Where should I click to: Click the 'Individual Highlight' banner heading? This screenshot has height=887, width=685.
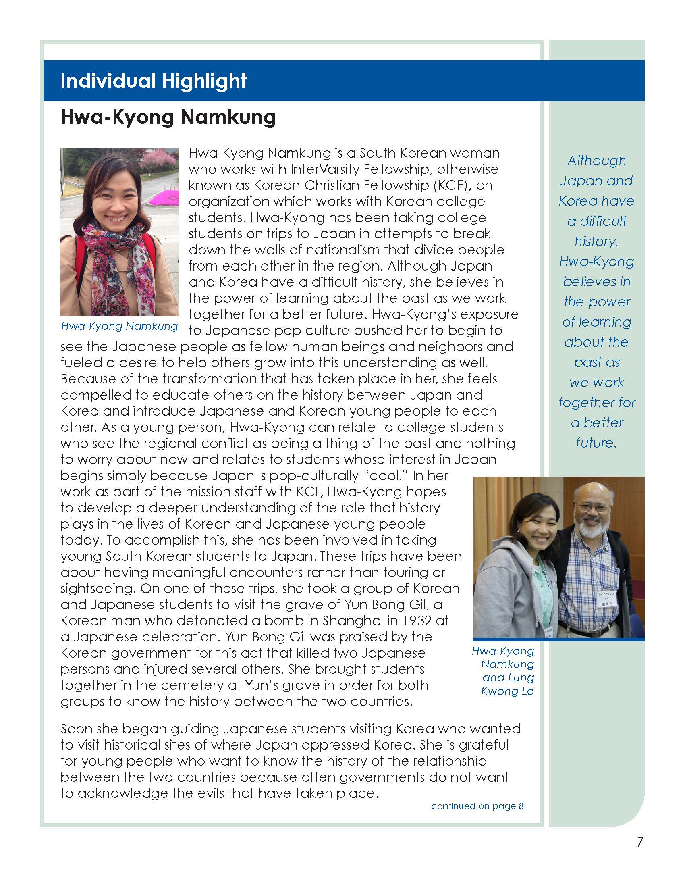tap(154, 81)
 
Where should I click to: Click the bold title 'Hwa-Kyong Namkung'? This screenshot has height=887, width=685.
tap(168, 117)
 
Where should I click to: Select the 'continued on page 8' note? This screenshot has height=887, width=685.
tap(477, 806)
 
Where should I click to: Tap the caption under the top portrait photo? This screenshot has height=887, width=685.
tap(119, 326)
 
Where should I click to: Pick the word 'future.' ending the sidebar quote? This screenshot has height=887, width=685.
tap(596, 442)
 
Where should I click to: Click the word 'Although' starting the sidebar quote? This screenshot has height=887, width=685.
tap(596, 160)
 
